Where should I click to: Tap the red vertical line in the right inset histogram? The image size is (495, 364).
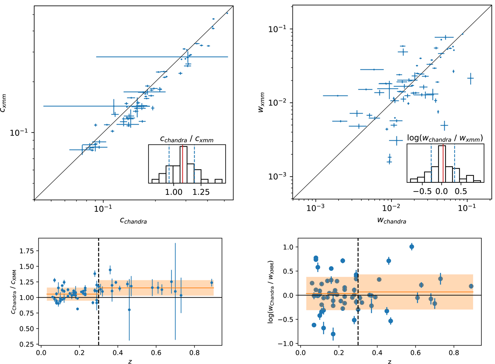443,164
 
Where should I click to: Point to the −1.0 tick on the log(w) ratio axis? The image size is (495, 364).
287,344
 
